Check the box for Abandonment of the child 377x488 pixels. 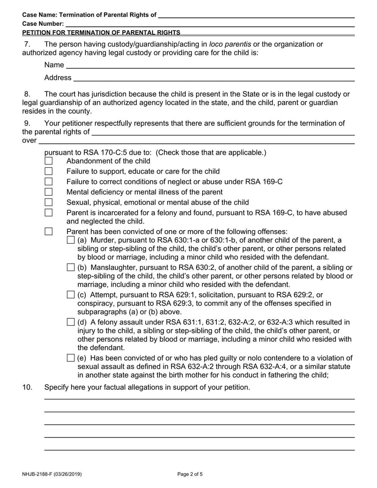coord(49,161)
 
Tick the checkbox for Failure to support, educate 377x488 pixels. coord(49,172)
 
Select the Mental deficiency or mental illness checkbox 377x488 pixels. coord(49,192)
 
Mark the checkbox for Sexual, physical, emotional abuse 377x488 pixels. coord(49,203)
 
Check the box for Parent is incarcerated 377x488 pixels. coord(49,213)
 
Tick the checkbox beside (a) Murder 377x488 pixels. coord(71,240)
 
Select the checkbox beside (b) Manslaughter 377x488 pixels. coord(71,268)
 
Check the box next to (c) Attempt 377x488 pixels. coord(71,295)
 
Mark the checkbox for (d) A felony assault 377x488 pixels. coord(71,323)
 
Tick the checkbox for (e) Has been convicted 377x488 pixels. coord(71,358)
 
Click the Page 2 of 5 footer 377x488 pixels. coord(189,474)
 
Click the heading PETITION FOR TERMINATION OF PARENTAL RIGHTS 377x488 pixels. coord(101,33)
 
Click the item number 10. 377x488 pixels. coord(27,388)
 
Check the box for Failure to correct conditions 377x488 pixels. coord(49,182)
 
